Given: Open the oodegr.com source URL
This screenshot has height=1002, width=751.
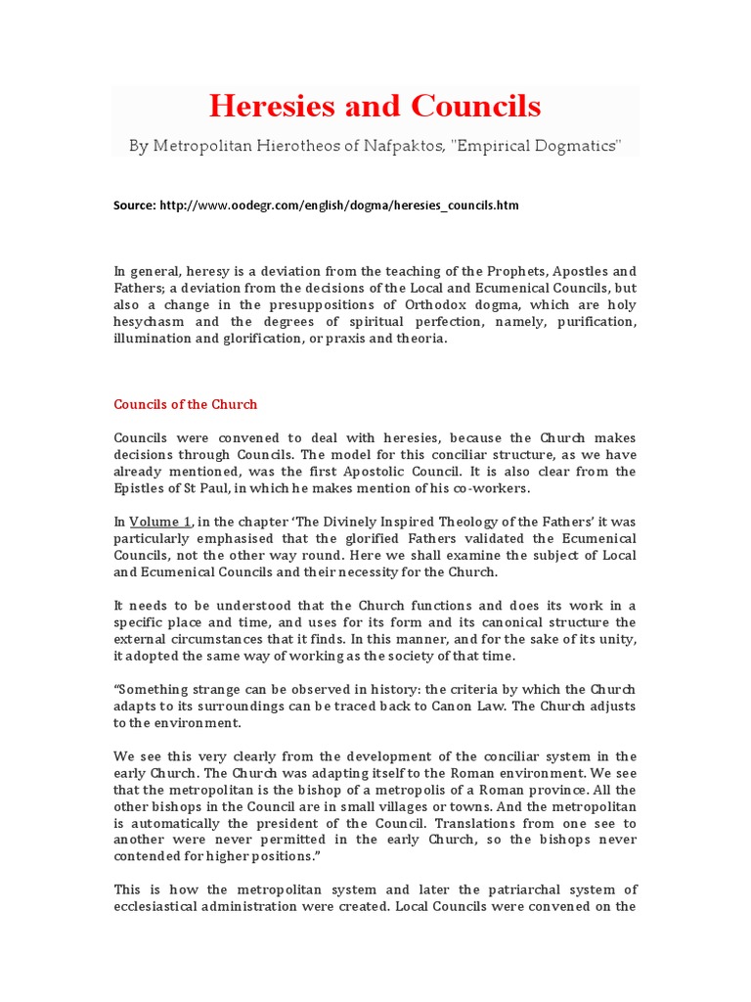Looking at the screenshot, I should pyautogui.click(x=338, y=205).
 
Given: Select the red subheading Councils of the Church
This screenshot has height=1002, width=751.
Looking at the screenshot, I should pyautogui.click(x=186, y=404).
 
